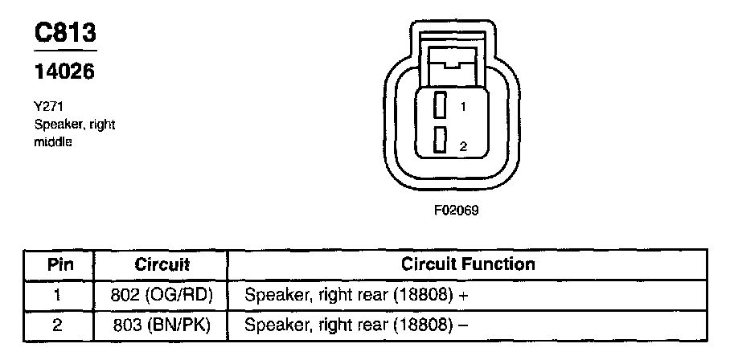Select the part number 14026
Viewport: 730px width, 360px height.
[x=64, y=72]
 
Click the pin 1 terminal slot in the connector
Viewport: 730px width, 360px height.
[x=440, y=105]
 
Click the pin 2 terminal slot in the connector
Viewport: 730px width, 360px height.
[x=440, y=141]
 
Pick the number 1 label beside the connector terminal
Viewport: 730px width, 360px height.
[x=463, y=106]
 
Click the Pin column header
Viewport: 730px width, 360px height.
[x=57, y=264]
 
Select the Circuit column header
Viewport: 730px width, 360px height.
[x=162, y=264]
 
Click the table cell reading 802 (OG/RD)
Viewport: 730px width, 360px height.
[x=162, y=295]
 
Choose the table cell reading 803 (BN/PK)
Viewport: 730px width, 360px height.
[x=162, y=325]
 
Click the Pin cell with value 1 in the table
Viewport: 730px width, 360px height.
[x=57, y=295]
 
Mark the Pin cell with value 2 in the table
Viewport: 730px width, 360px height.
[x=57, y=325]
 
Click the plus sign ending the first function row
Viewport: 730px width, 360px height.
[x=464, y=296]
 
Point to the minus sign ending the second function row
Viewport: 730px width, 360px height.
[x=464, y=326]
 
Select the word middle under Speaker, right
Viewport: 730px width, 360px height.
[x=53, y=141]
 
